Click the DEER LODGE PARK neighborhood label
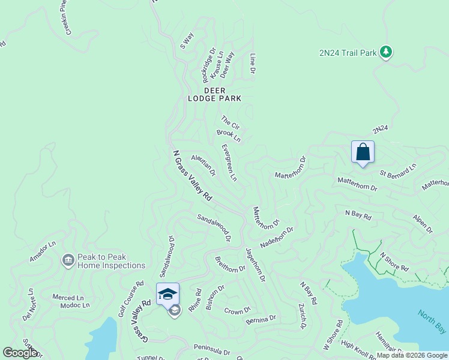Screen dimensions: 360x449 (x=222, y=94)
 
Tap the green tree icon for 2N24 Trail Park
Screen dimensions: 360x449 (x=386, y=53)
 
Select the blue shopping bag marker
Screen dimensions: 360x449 (x=363, y=152)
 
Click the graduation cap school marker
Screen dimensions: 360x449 (x=167, y=294)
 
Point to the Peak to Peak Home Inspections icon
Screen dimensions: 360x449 (x=68, y=260)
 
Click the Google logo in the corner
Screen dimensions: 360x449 (x=20, y=353)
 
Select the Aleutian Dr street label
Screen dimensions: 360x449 (x=203, y=165)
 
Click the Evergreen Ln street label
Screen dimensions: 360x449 (x=229, y=163)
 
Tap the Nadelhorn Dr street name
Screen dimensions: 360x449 (x=276, y=238)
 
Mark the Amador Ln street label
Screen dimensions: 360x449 (x=43, y=252)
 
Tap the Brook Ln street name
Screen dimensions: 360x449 (x=228, y=136)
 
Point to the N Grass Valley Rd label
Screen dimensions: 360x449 (x=191, y=175)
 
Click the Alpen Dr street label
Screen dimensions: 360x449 (x=422, y=222)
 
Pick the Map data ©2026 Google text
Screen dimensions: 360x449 (x=412, y=355)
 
